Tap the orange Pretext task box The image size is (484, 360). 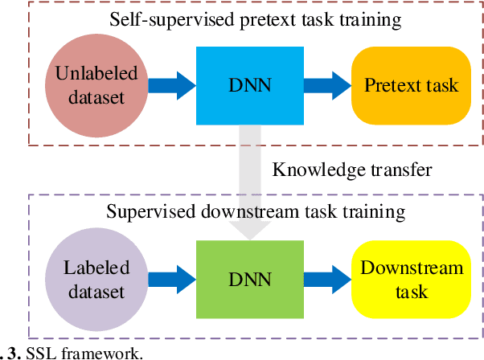point(411,84)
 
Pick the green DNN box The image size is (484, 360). point(248,280)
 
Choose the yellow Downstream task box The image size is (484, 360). point(411,280)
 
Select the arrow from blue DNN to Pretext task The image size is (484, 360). point(325,84)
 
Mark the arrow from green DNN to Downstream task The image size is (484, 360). point(325,280)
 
